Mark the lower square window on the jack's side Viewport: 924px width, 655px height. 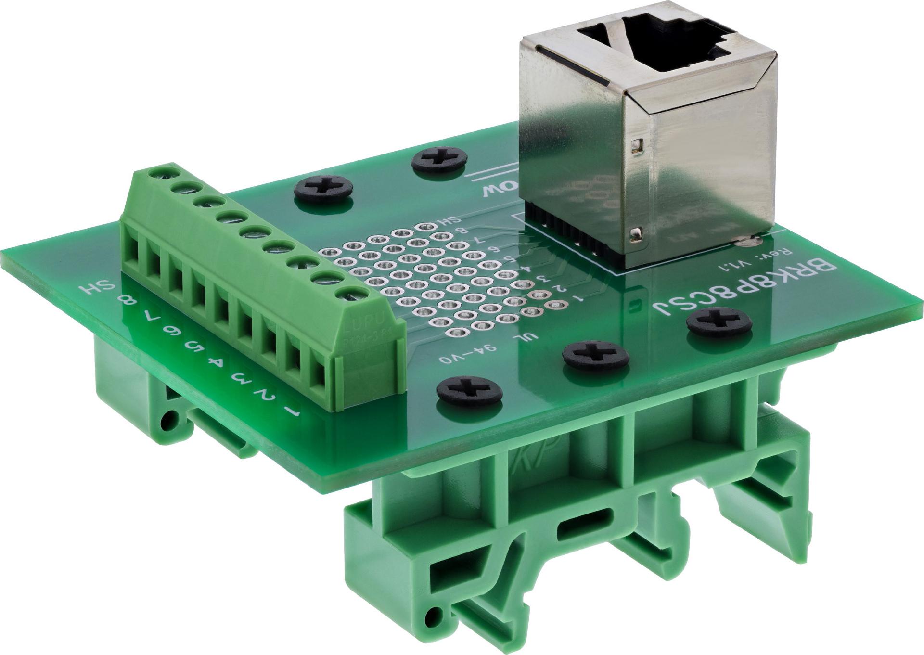(636, 234)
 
